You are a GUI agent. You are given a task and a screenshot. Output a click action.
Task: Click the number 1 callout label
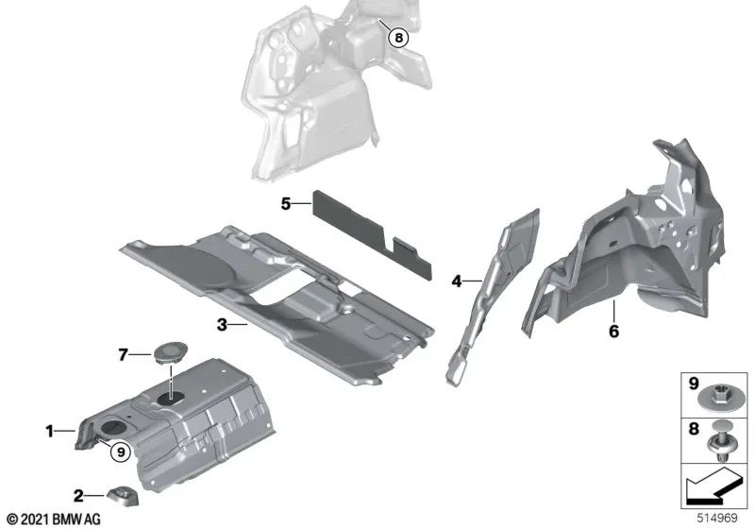(x=49, y=432)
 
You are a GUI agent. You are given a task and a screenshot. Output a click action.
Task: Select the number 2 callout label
(x=80, y=493)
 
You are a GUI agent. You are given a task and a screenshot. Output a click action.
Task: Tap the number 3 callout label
(x=222, y=325)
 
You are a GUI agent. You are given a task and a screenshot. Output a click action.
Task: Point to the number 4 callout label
(x=457, y=281)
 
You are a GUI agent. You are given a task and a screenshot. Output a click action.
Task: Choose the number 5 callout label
(x=284, y=202)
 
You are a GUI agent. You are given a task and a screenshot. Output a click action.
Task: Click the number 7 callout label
(x=123, y=354)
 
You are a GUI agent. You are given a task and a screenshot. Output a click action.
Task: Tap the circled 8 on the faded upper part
(x=398, y=38)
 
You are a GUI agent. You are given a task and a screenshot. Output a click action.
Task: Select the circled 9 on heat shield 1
(x=119, y=452)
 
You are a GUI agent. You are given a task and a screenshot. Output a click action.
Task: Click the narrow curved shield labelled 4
(x=491, y=283)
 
